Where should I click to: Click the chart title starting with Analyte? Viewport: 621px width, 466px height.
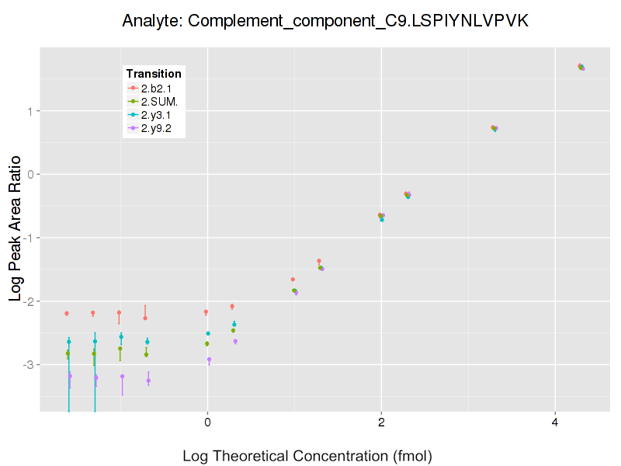coord(326,21)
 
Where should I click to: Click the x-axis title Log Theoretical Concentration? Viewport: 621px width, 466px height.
coord(307,455)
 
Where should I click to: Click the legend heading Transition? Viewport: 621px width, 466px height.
coord(154,74)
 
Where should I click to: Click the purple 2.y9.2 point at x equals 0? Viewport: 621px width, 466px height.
coord(209,360)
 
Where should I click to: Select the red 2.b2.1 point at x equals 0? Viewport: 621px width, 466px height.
coord(206,312)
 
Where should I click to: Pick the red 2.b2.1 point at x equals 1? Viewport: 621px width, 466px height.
coord(293,279)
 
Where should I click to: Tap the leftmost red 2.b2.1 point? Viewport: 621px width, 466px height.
coord(67,313)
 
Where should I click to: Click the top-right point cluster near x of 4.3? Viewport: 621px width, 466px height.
coord(581,67)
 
